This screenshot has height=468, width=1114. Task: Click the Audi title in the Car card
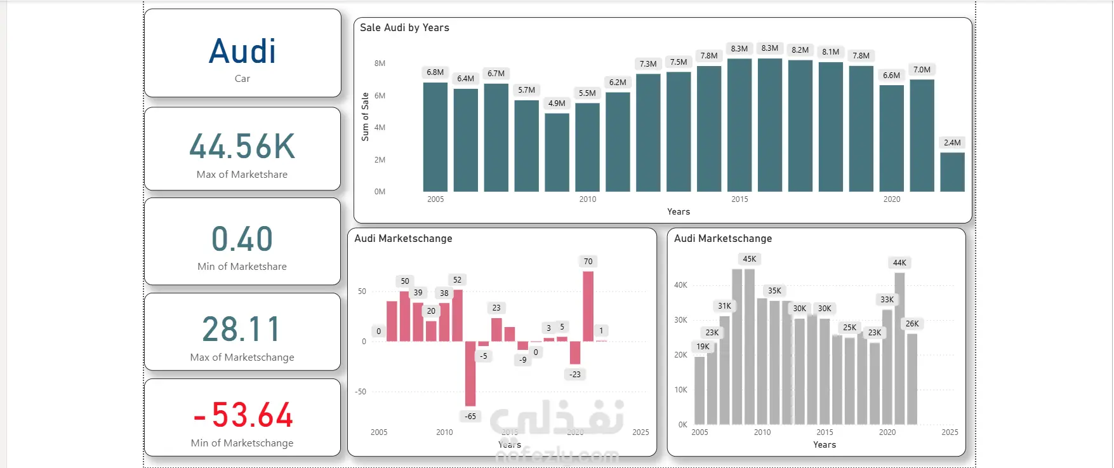[x=242, y=52]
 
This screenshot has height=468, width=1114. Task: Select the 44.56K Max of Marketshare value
[x=242, y=147]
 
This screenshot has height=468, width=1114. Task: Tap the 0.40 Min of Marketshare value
[x=242, y=239]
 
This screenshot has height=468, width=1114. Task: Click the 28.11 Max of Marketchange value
[x=242, y=330]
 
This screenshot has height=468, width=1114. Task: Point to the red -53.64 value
[x=243, y=415]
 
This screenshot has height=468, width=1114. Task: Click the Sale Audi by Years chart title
[x=404, y=28]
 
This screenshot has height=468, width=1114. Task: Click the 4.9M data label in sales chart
[x=557, y=104]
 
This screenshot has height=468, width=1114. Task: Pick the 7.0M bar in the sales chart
[x=922, y=135]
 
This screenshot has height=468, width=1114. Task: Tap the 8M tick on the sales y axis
[x=380, y=64]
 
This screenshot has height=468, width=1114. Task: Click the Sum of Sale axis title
[x=365, y=117]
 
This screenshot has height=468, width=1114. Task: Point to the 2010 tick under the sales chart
[x=588, y=199]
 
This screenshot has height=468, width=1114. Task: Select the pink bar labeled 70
[x=588, y=306]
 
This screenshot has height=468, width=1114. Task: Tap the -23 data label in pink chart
[x=575, y=375]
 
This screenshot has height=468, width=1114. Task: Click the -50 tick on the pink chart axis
[x=361, y=392]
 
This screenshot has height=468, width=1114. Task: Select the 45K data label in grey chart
[x=750, y=259]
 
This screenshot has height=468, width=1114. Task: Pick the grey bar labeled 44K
[x=899, y=348]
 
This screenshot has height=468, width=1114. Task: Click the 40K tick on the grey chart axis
[x=680, y=285]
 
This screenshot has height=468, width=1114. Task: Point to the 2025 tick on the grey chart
[x=950, y=432]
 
